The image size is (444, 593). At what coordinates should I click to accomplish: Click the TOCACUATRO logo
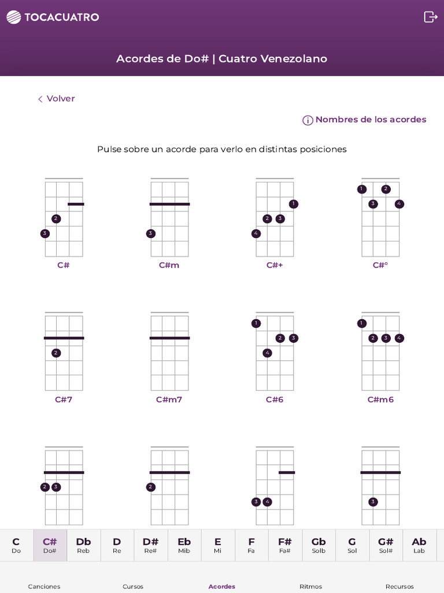point(53,17)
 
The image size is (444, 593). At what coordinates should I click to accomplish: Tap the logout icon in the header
point(430,17)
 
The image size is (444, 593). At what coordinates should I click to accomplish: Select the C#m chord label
point(169,265)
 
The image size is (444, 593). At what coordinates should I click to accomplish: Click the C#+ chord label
point(275,265)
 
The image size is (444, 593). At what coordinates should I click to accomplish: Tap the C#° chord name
point(380,265)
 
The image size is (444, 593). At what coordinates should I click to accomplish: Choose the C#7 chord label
point(64,400)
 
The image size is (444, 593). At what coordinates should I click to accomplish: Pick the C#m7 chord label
point(169,400)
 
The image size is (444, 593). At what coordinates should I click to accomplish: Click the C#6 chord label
point(275,400)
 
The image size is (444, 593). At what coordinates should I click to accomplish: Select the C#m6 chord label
point(380,400)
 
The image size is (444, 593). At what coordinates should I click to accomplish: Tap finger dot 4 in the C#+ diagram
point(256,234)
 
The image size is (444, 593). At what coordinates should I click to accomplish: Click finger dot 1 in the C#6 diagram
point(256,323)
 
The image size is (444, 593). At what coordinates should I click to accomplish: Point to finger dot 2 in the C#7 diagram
point(56,353)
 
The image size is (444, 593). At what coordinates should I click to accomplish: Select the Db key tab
point(83,545)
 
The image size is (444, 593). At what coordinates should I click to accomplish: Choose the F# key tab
point(285,545)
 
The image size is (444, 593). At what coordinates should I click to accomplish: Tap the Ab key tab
point(419,545)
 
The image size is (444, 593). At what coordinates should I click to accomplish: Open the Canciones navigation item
point(44,586)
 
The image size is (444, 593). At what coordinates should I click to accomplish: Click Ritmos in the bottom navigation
point(310,586)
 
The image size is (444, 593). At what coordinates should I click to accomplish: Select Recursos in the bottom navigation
point(399,586)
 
